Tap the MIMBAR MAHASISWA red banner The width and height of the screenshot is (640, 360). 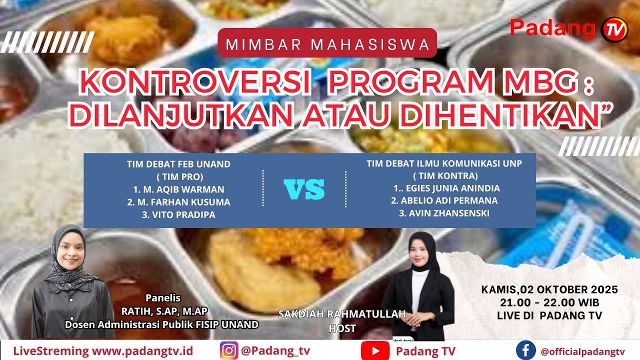327,44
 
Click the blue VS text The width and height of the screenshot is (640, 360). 304,189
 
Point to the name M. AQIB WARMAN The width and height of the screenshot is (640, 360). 178,189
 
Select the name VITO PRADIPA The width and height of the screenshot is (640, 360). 178,215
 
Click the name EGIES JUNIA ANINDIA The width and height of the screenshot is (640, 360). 446,188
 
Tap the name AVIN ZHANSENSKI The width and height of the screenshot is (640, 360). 444,213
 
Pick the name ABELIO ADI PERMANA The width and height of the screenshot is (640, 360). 444,201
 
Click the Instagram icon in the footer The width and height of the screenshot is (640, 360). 229,350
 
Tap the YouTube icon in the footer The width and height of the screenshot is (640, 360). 375,350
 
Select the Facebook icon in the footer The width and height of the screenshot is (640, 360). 525,350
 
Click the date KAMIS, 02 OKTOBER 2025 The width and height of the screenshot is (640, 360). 549,289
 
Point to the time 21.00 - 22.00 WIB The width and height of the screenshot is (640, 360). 549,302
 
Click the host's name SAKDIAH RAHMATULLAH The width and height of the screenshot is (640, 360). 342,314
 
